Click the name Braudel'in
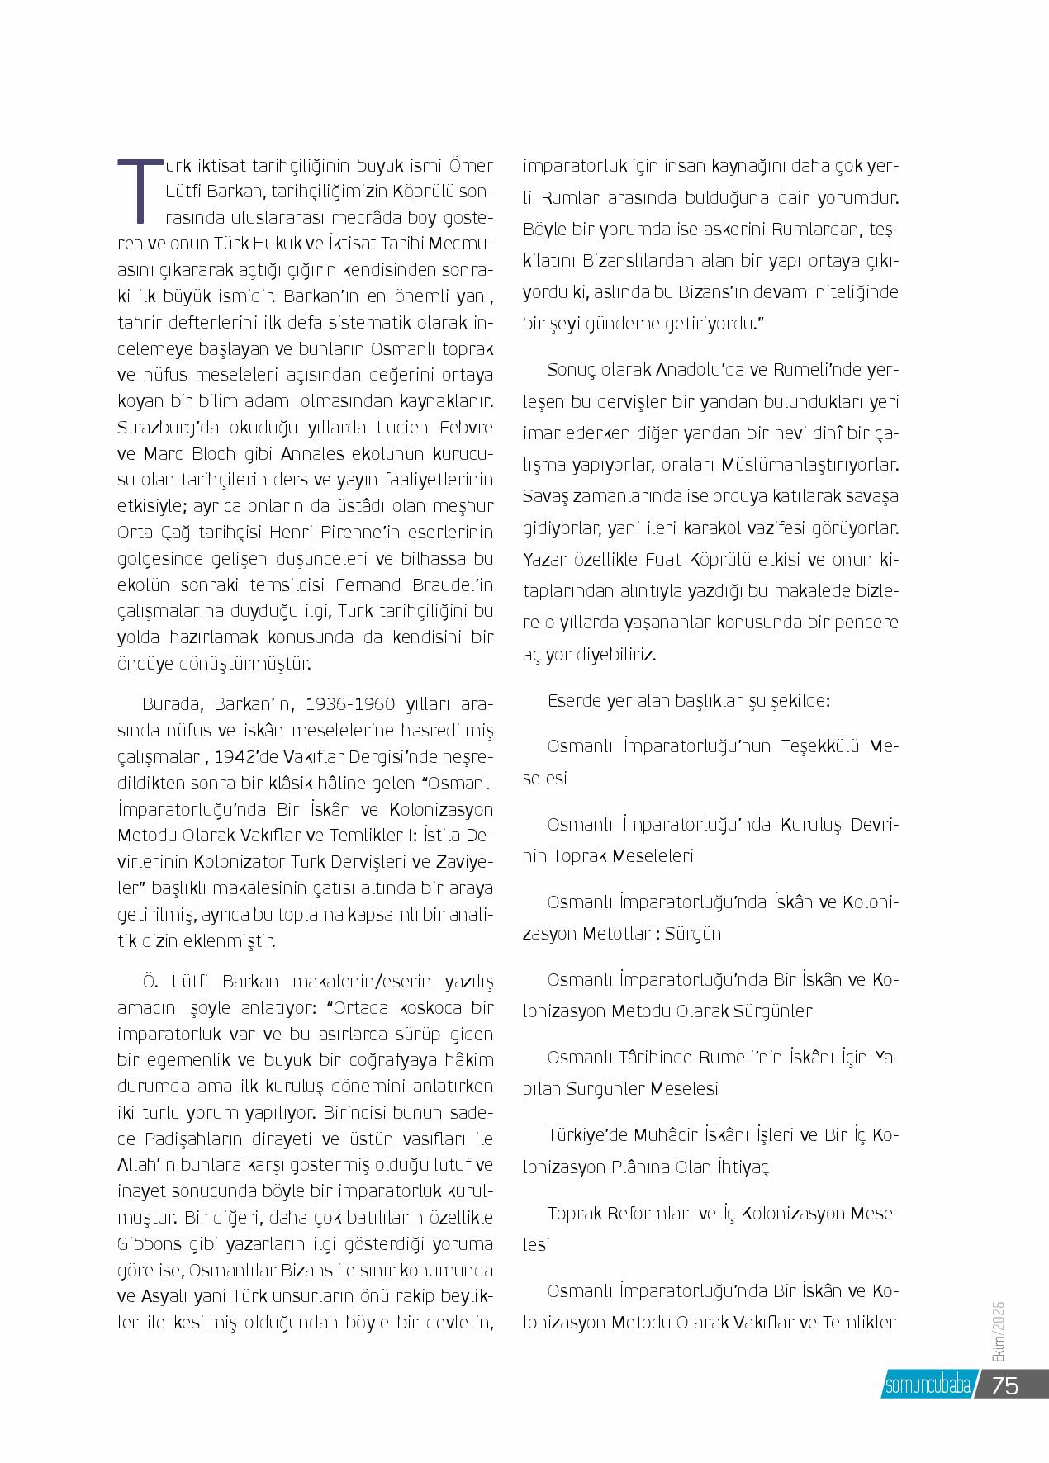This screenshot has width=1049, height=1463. [x=451, y=585]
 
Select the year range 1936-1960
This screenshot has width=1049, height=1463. [x=347, y=705]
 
